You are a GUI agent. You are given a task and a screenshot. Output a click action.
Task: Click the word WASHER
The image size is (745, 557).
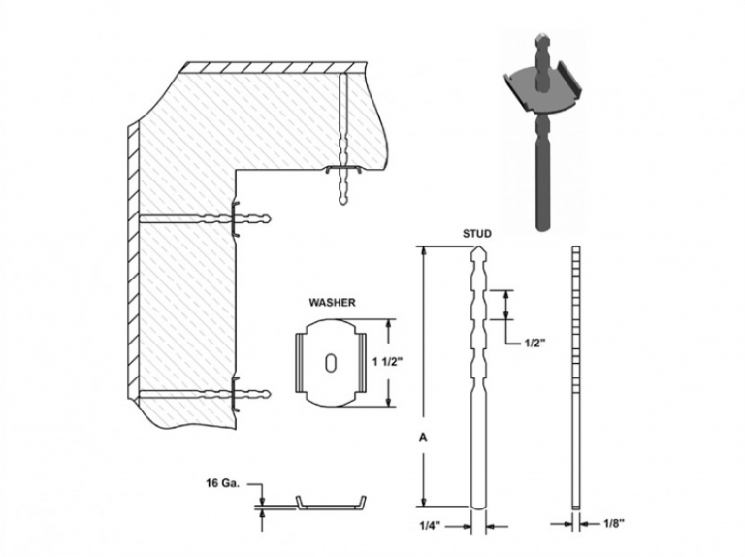(332, 302)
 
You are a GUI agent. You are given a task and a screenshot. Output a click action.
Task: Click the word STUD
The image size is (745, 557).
(477, 234)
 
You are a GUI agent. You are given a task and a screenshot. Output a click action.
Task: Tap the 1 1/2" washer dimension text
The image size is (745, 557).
(387, 362)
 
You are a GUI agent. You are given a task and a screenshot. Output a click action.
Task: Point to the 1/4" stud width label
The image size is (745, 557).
(430, 526)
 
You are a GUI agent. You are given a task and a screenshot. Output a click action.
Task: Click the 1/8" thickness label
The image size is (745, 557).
(614, 524)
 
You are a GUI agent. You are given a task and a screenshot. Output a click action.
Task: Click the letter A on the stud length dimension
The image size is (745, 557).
(423, 438)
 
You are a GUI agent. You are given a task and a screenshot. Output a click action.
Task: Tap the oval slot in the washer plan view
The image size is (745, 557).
(331, 363)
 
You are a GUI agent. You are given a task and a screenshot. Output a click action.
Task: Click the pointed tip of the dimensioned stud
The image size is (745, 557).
(478, 247)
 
